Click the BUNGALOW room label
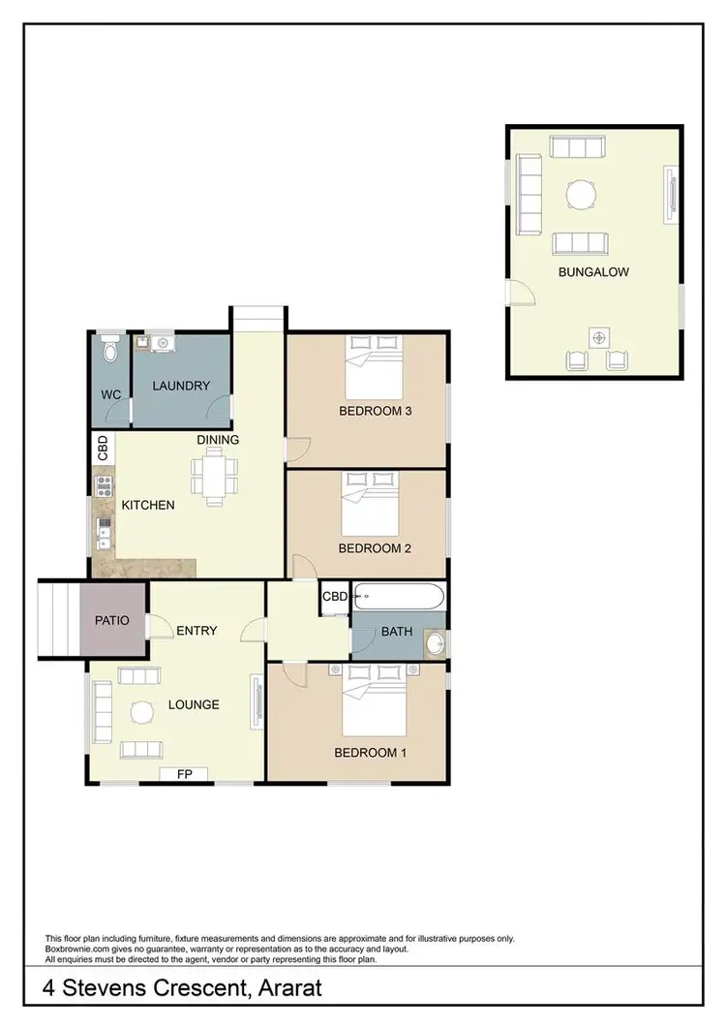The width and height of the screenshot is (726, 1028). [593, 272]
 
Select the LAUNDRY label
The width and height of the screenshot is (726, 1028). [181, 386]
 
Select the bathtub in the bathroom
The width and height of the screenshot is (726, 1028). [398, 596]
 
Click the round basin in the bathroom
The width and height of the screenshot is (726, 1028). [435, 642]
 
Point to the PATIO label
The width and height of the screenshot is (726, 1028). [112, 619]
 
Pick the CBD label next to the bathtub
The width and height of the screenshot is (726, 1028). [335, 597]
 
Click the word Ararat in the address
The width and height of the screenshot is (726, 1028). [280, 990]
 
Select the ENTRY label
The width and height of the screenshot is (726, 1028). [197, 631]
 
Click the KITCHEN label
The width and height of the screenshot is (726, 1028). [147, 505]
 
